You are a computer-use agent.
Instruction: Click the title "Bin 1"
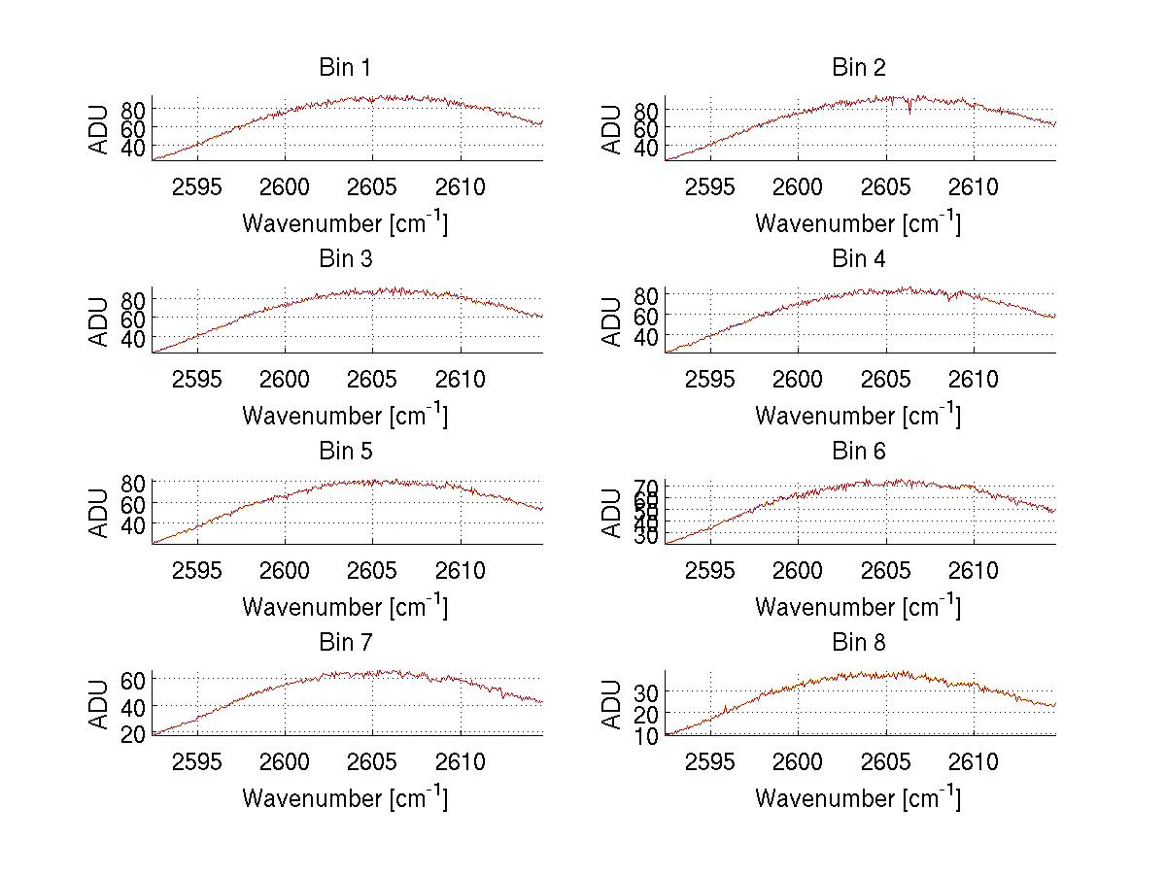click(x=344, y=68)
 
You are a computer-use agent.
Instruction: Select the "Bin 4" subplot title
click(x=859, y=259)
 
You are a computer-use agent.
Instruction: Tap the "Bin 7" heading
click(x=344, y=643)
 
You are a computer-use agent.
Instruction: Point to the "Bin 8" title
click(x=859, y=643)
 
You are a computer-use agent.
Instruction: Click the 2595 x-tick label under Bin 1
click(x=198, y=187)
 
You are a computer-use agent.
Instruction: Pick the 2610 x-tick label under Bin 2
click(x=974, y=187)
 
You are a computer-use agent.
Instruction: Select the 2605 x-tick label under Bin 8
click(x=886, y=762)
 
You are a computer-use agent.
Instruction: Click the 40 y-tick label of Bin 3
click(x=133, y=338)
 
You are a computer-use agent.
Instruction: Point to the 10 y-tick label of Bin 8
click(x=646, y=735)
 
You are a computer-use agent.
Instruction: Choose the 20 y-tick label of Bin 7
click(x=133, y=734)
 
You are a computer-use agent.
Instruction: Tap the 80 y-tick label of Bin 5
click(x=133, y=482)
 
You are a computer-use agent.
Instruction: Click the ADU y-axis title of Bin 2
click(x=611, y=129)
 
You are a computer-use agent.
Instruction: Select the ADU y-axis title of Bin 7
click(x=98, y=705)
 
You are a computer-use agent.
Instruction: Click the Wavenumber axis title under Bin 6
click(x=858, y=607)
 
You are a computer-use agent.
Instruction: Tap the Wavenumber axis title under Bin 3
click(x=345, y=416)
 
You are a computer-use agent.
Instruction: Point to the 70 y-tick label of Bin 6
click(x=646, y=487)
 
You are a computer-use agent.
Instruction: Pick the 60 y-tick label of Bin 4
click(x=646, y=316)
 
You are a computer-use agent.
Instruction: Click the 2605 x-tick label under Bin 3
click(x=373, y=379)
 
